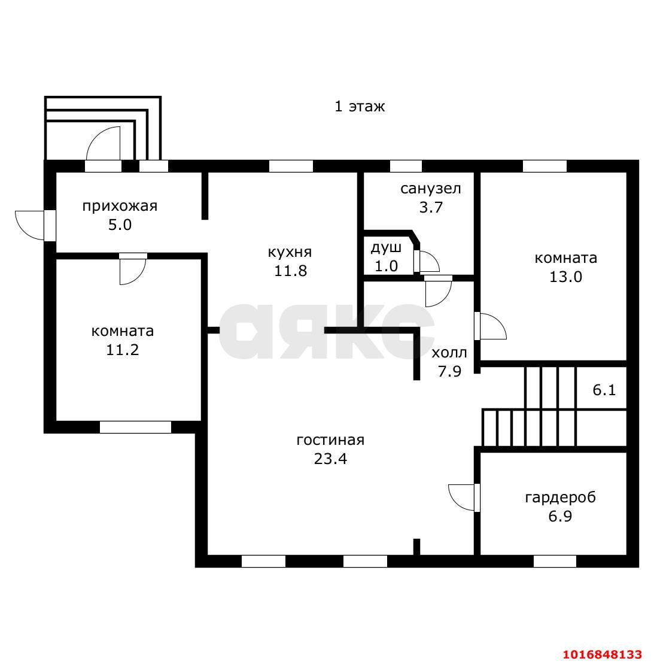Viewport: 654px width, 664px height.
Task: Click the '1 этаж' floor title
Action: pos(360,107)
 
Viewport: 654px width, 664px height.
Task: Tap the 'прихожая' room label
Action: pos(120,206)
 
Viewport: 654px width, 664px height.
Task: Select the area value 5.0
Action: pos(120,225)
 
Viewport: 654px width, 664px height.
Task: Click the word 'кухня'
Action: pos(290,253)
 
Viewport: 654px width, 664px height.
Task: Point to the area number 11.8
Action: pos(290,271)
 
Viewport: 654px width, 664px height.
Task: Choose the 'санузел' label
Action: pos(430,189)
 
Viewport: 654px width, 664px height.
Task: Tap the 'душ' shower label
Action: pos(386,248)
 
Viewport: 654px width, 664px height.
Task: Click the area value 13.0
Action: pos(565,277)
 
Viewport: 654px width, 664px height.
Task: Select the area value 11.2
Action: pos(122,350)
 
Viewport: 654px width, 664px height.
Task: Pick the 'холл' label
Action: pos(449,353)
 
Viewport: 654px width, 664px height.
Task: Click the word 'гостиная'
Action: pos(330,441)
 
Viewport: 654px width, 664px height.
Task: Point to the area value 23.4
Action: pos(330,459)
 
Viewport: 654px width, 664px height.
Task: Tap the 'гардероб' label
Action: pos(560,498)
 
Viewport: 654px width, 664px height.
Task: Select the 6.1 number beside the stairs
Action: pos(604,390)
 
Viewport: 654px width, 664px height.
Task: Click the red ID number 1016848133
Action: pos(603,654)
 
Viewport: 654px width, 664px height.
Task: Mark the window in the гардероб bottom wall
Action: pos(555,561)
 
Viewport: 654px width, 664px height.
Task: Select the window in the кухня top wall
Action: pos(291,166)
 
